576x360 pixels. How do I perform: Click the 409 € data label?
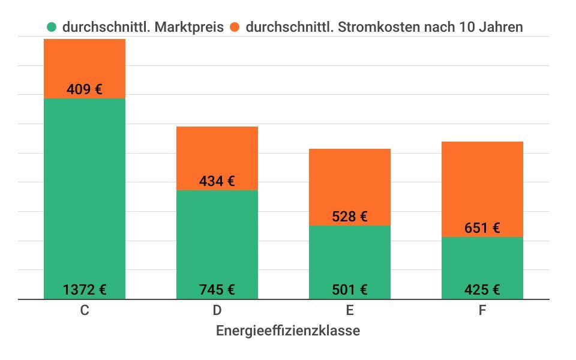[x=85, y=90]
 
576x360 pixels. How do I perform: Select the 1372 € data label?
[x=85, y=290]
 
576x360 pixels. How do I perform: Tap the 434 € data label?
[x=217, y=182]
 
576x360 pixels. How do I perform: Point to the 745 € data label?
[x=217, y=290]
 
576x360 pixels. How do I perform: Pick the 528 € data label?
[x=350, y=217]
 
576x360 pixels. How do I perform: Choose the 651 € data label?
[x=482, y=228]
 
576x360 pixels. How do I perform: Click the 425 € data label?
[x=482, y=290]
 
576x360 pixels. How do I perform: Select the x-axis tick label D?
[x=217, y=310]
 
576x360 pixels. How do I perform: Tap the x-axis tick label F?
[x=482, y=310]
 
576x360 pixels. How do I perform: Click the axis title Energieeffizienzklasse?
[x=288, y=331]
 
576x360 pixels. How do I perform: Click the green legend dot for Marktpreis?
[x=52, y=27]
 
